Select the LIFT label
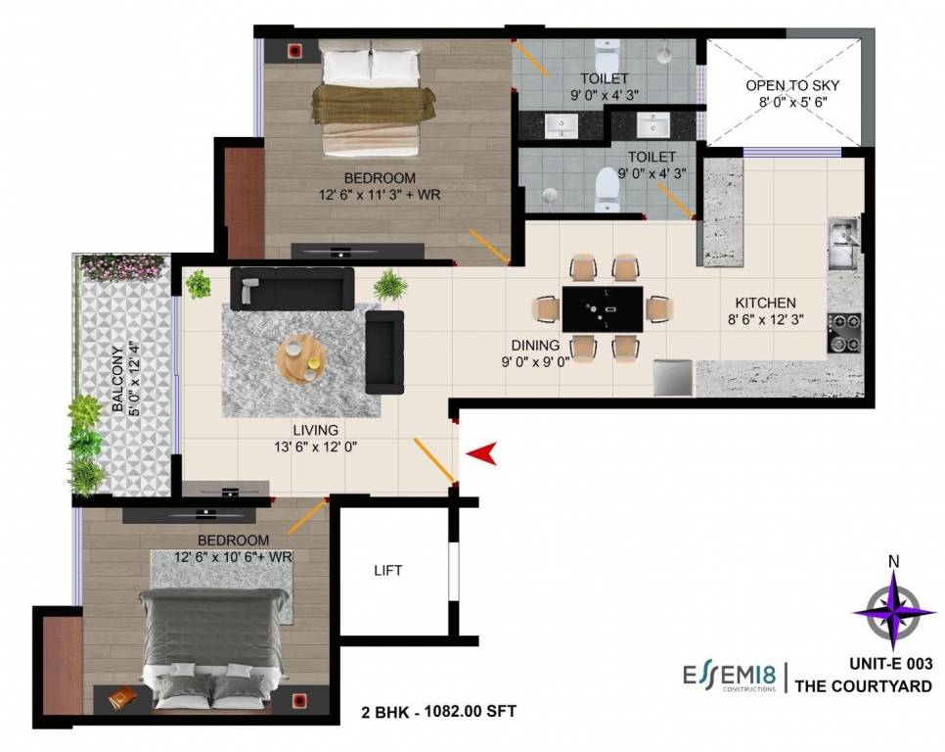pos(388,570)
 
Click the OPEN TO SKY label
pos(792,85)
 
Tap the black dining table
pos(603,309)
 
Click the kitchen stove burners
pos(843,332)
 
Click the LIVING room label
pos(315,430)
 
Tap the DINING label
pos(535,345)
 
